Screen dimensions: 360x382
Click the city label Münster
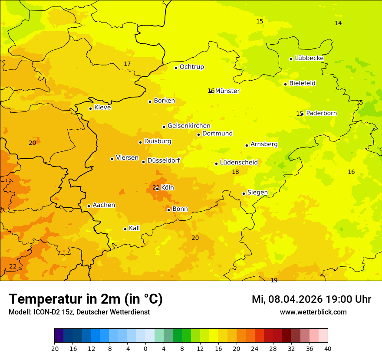click(227, 91)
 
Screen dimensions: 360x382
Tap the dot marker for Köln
click(157, 189)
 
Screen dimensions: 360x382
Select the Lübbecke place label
click(309, 58)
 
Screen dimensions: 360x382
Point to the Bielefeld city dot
click(285, 84)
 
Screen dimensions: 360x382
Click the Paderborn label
click(321, 113)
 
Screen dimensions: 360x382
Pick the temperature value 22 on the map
click(13, 266)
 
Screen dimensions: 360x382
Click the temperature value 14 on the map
click(338, 23)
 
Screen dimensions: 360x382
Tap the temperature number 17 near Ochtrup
click(127, 64)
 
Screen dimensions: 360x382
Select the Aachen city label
click(104, 205)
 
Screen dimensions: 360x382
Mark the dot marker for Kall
click(125, 229)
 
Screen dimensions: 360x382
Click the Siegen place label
click(257, 193)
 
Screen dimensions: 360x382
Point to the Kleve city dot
click(90, 108)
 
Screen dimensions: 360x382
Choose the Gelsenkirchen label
click(189, 126)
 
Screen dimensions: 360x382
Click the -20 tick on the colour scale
click(54, 348)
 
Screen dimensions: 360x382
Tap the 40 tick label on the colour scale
click(328, 348)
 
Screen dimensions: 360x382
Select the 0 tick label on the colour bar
click(145, 348)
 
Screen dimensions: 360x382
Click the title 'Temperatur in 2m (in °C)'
click(86, 299)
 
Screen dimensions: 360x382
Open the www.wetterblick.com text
click(313, 312)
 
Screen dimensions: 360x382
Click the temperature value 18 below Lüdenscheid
click(235, 172)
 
